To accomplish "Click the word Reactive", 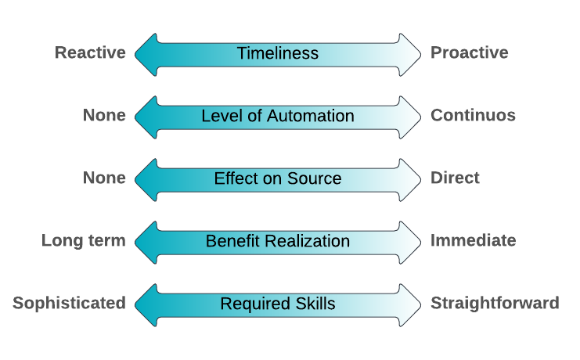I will [x=90, y=53].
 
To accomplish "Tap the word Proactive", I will [x=469, y=53].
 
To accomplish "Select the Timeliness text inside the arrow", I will [x=278, y=53].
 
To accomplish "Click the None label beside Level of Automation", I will [x=104, y=116].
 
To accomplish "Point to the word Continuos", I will [x=473, y=116].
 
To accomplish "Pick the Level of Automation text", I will [x=278, y=116].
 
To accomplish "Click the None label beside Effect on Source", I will [x=104, y=178].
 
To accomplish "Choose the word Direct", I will [x=455, y=178].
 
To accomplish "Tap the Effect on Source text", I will [x=278, y=178].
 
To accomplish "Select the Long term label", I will [x=84, y=241].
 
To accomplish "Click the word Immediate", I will [x=473, y=241].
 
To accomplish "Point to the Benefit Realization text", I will [x=278, y=241].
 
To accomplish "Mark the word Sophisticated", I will [x=69, y=304].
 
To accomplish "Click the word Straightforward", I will [x=495, y=304].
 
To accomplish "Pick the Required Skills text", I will [x=278, y=304].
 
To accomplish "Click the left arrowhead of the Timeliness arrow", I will [x=146, y=53].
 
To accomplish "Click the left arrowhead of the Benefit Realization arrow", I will [x=146, y=241].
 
